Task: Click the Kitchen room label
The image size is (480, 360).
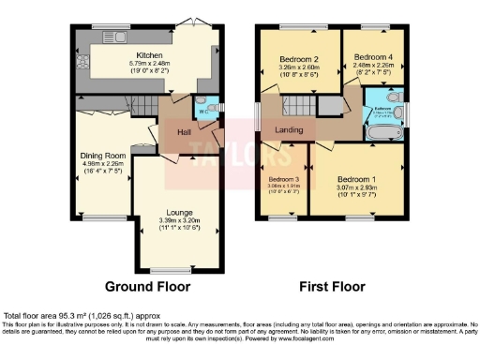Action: point(151,54)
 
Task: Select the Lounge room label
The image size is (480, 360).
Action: point(179,213)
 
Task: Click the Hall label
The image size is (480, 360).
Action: point(185,132)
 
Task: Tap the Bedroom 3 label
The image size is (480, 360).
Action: point(284,178)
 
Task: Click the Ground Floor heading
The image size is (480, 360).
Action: point(147,286)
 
